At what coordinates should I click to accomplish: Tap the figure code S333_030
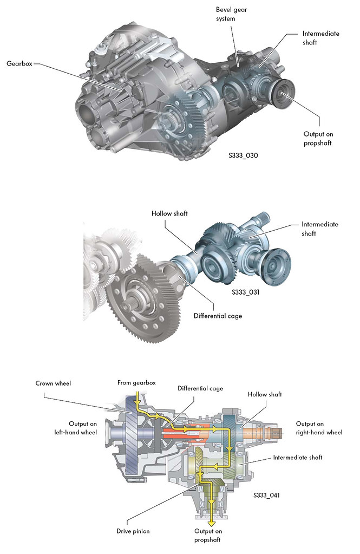pyautogui.click(x=243, y=155)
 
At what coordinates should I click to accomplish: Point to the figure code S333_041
pyautogui.click(x=267, y=494)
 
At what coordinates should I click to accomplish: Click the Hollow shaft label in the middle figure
pyautogui.click(x=169, y=214)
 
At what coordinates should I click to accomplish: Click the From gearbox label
pyautogui.click(x=136, y=383)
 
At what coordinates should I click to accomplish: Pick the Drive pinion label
pyautogui.click(x=132, y=531)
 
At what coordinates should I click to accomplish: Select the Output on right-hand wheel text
pyautogui.click(x=319, y=427)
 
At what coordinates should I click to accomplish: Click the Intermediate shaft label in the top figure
pyautogui.click(x=320, y=37)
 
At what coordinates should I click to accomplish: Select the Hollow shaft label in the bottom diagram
pyautogui.click(x=264, y=394)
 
